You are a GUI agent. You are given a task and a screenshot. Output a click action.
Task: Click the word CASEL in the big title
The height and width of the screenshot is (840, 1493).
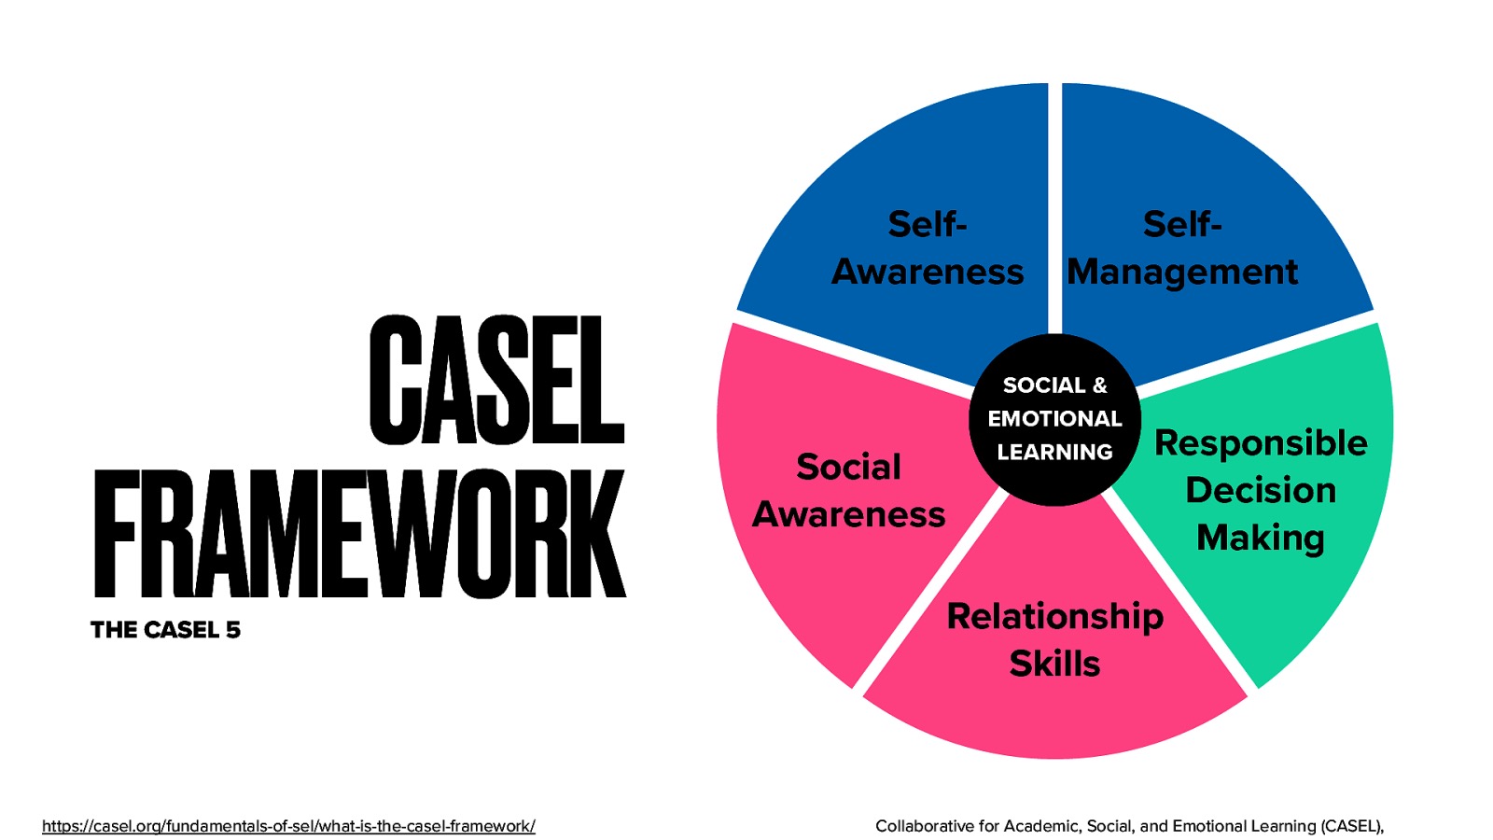coord(495,381)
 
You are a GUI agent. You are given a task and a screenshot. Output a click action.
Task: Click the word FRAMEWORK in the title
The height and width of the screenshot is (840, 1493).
coord(359,534)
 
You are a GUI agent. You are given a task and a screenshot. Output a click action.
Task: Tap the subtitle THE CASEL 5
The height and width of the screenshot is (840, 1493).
coord(165,630)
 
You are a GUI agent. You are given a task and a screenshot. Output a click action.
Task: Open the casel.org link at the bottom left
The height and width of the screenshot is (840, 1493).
coord(288,826)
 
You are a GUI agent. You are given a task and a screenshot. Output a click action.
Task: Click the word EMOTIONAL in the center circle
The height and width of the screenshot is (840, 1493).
coord(1054,419)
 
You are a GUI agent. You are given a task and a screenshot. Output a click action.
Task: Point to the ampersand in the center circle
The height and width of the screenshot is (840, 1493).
coord(1099,385)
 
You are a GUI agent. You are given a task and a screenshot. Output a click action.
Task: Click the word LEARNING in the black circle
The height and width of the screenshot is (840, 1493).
coord(1054,453)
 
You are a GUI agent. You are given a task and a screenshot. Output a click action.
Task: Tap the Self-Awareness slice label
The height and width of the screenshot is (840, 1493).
coord(928,248)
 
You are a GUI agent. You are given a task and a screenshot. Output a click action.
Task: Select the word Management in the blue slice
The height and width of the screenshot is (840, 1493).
coord(1182,273)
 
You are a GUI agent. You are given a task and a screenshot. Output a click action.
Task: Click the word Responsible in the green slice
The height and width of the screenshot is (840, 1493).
coord(1261,443)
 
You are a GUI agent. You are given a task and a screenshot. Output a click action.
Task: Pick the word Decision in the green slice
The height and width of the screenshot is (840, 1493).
coord(1261,491)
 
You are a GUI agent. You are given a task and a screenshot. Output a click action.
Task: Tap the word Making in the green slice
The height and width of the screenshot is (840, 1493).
coord(1261,539)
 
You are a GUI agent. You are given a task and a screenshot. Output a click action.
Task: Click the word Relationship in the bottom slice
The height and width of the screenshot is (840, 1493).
coord(1054,617)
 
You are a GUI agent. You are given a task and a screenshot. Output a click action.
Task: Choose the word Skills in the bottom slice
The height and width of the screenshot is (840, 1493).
coord(1054,664)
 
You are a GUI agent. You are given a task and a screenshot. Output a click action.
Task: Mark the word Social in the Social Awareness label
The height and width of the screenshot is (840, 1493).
coord(848,467)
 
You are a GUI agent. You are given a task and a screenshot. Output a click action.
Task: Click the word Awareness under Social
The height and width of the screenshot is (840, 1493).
coord(848,514)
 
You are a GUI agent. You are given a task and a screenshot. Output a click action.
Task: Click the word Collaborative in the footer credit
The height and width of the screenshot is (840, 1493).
coord(924,826)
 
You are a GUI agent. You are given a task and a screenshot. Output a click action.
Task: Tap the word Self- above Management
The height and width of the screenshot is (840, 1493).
coord(1182,225)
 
